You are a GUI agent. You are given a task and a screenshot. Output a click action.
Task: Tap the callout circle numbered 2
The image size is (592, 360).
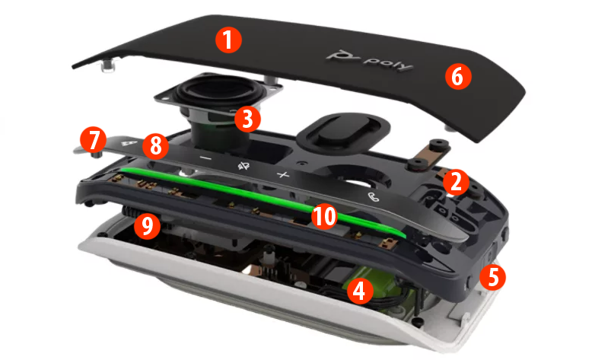[454, 180]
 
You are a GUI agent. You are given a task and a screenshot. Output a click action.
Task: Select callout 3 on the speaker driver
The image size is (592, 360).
[246, 118]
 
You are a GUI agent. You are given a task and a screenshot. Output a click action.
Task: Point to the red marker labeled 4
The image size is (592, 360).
[359, 290]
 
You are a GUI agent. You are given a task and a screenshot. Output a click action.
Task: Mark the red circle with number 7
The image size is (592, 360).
[93, 140]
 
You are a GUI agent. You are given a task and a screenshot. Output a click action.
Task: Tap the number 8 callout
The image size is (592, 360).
[154, 146]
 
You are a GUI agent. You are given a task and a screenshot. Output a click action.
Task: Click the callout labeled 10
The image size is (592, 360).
[323, 217]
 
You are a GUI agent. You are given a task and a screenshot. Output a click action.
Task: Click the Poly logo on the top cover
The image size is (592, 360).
[368, 60]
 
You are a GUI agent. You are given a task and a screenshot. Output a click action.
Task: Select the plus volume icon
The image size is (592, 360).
[283, 175]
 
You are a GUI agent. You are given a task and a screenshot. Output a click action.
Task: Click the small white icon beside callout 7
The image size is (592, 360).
[129, 142]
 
